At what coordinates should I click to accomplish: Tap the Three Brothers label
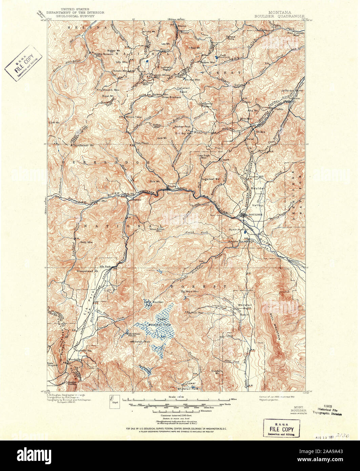pyautogui.click(x=171, y=97)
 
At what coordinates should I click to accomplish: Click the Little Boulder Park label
pyautogui.click(x=154, y=303)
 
